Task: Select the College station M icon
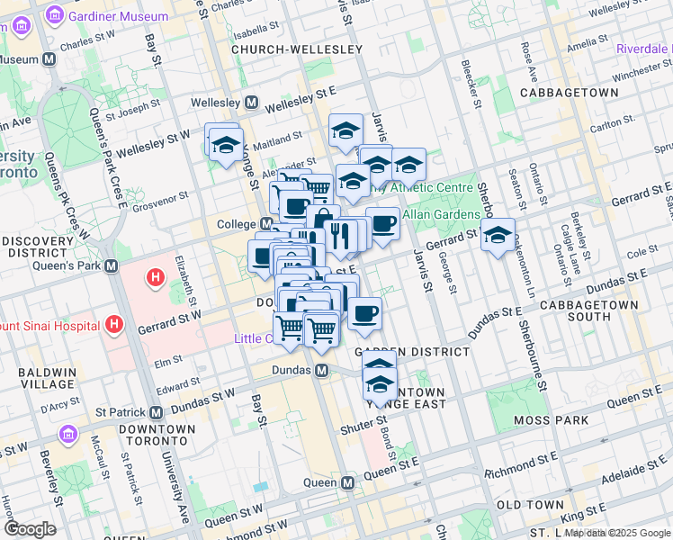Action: [x=266, y=223]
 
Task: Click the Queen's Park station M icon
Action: [x=112, y=266]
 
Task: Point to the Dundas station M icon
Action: [x=320, y=371]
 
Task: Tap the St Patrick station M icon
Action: [x=155, y=412]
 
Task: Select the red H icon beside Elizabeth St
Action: [x=155, y=278]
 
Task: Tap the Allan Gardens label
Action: [x=441, y=214]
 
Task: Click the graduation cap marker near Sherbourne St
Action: [x=498, y=236]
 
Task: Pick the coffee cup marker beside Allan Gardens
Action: [x=382, y=223]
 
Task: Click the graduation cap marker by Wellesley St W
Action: [x=225, y=143]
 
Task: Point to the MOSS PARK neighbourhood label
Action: [x=552, y=420]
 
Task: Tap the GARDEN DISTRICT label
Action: [x=412, y=351]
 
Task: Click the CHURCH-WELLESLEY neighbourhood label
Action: [x=296, y=49]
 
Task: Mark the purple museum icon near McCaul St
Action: [x=67, y=435]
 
